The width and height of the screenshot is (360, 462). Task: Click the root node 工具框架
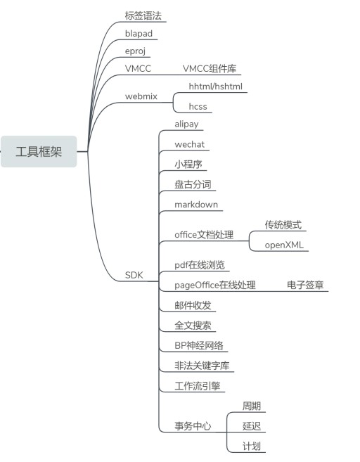[39, 152]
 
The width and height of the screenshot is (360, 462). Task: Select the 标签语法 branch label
[143, 15]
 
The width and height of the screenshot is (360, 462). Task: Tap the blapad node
[139, 34]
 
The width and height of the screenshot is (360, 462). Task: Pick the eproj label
[135, 51]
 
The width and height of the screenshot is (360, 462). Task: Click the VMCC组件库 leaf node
[210, 69]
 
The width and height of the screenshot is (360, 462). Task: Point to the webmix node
[141, 96]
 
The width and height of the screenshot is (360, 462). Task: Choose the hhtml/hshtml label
[216, 86]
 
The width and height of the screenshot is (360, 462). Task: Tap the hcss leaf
[198, 106]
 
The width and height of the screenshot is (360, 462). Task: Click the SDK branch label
[134, 275]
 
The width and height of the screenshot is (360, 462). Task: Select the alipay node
[186, 124]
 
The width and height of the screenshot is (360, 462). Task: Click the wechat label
[189, 144]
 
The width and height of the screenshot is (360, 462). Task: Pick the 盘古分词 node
[193, 185]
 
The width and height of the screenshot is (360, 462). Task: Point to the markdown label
[196, 205]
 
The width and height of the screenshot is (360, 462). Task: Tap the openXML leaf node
[284, 245]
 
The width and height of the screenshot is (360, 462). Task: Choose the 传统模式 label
[283, 225]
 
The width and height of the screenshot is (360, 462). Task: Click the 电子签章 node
[305, 285]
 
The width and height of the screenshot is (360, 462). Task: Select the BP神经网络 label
[199, 345]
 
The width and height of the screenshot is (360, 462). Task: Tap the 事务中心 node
[193, 426]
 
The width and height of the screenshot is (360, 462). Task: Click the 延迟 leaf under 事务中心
[252, 426]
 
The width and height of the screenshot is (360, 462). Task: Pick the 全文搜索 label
[193, 326]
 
